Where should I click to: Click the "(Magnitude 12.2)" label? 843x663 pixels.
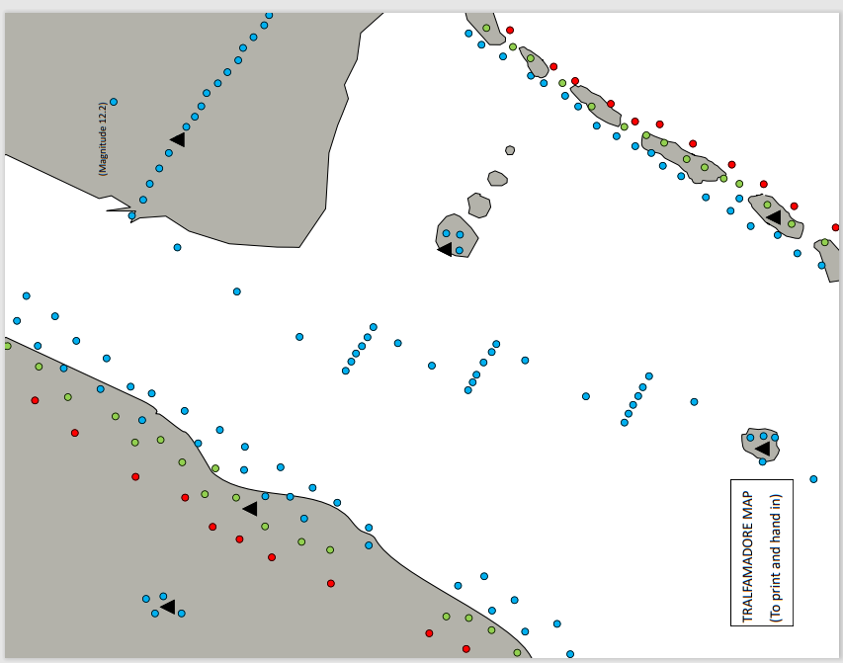click(103, 138)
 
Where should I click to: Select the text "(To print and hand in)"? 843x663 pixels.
click(775, 557)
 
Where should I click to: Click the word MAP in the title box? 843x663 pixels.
click(747, 505)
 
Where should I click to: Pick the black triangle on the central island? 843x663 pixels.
click(446, 249)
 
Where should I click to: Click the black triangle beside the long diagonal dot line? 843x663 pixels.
click(178, 139)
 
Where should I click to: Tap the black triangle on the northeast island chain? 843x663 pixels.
click(774, 216)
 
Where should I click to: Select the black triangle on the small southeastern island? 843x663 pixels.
click(762, 449)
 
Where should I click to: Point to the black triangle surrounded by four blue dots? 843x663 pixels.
click(168, 606)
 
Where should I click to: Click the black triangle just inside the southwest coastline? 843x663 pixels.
click(250, 508)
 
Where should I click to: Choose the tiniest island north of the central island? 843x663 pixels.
click(510, 150)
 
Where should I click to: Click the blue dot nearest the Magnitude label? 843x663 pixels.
click(114, 102)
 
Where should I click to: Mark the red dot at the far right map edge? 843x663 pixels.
click(835, 227)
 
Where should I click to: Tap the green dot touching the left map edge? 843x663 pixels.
click(8, 346)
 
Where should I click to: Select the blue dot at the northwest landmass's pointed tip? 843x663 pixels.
click(132, 215)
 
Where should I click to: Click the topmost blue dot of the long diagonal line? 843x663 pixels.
click(269, 15)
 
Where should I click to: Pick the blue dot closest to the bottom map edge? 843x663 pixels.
click(570, 654)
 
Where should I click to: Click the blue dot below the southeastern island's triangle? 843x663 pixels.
click(761, 461)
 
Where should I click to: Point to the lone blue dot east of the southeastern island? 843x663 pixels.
click(813, 479)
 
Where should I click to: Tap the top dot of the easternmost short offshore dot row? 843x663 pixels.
click(649, 376)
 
